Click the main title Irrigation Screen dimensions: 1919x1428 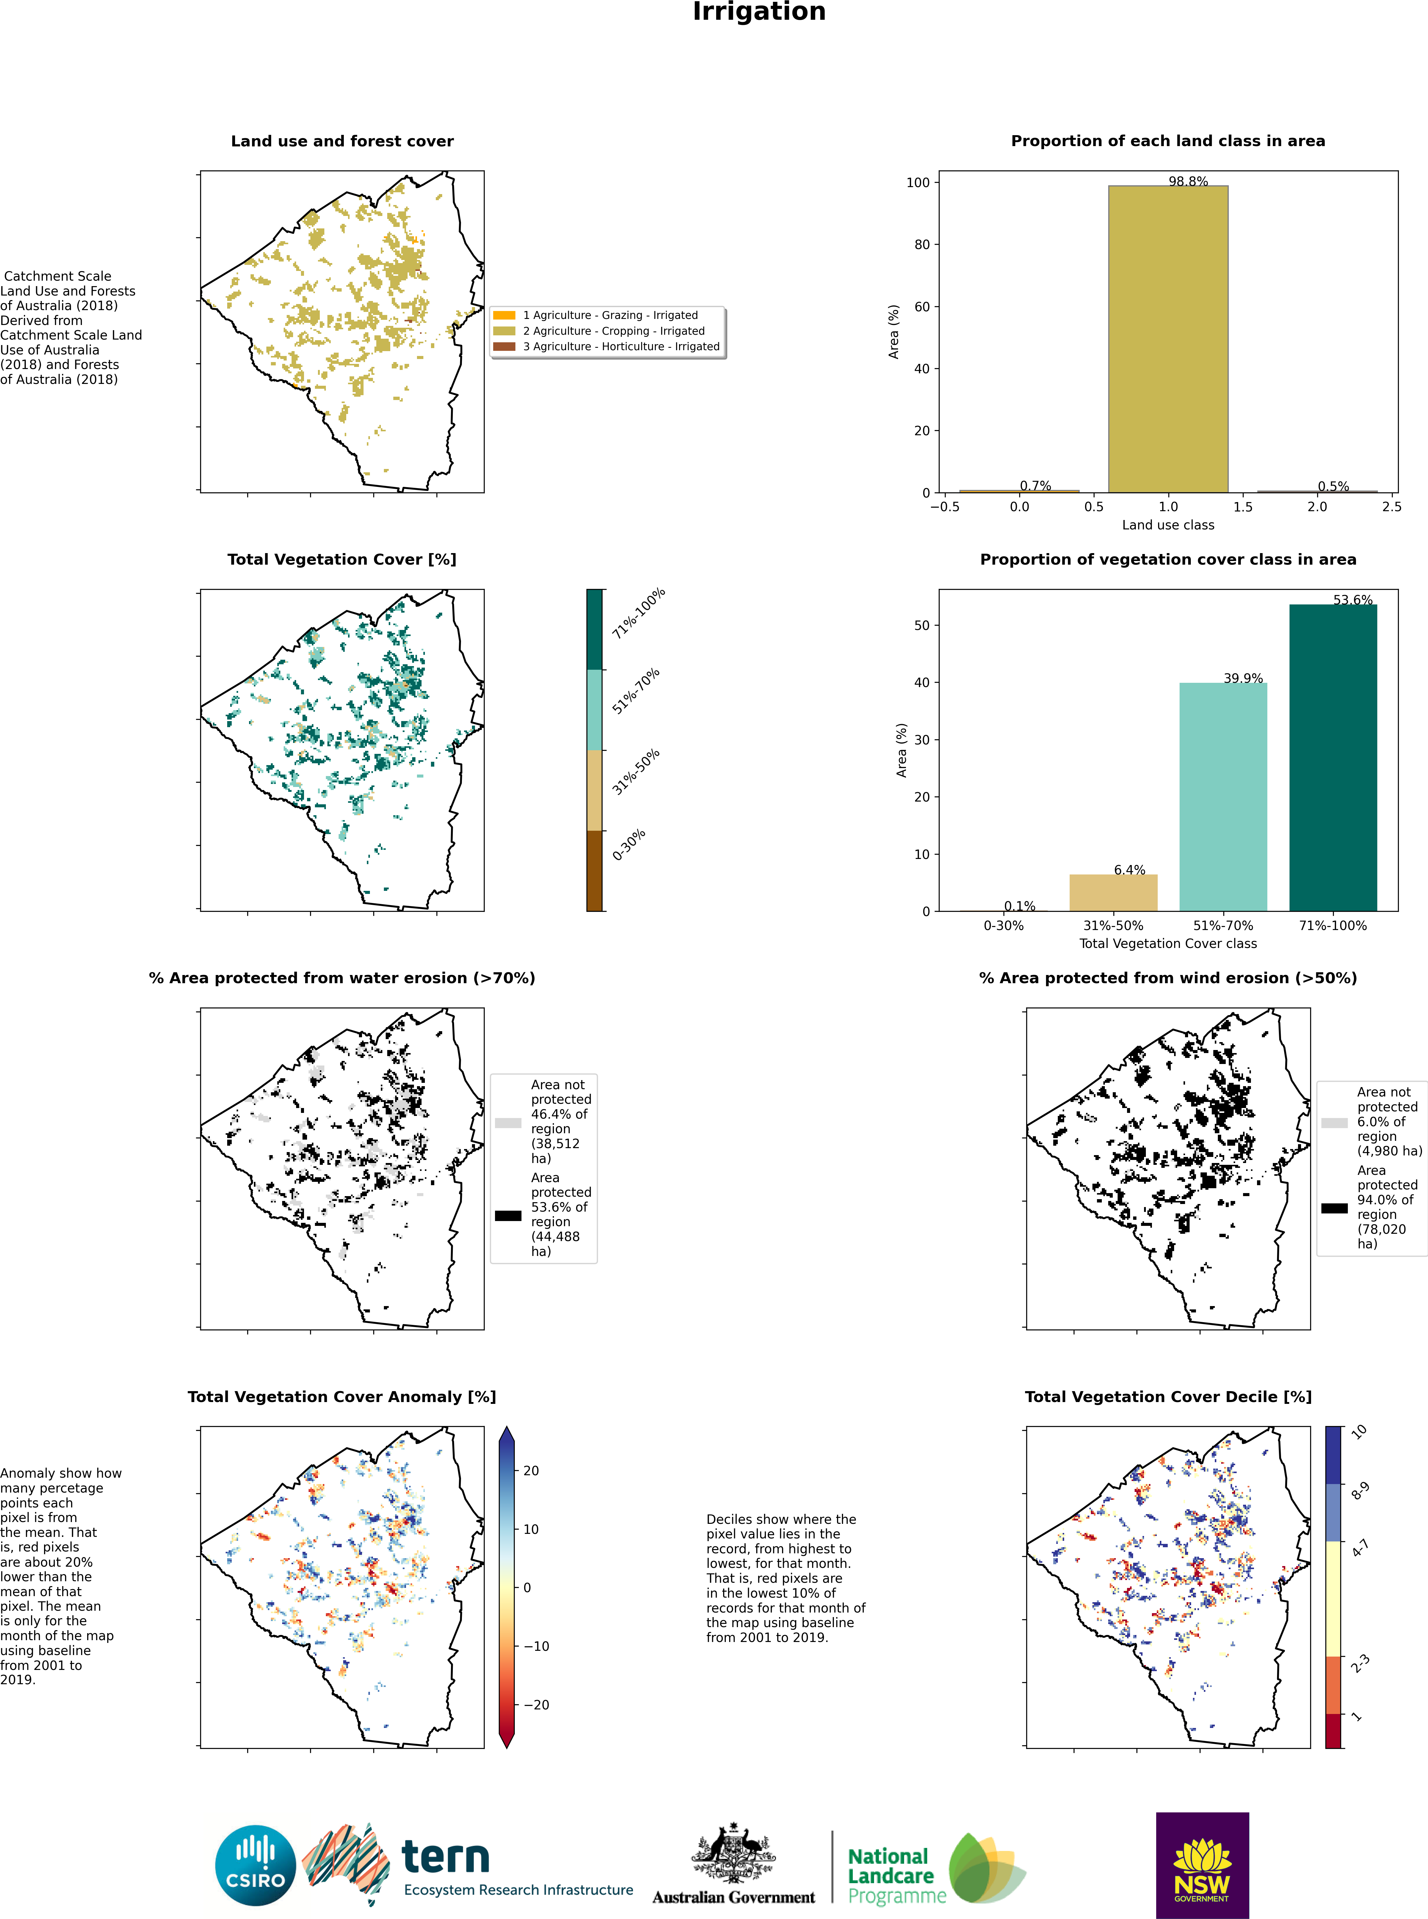(759, 12)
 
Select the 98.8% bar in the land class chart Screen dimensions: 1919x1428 (1168, 339)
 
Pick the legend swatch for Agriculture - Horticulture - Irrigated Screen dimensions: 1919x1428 (504, 347)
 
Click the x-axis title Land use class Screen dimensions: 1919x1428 (1168, 525)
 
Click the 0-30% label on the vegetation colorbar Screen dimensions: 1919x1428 (629, 844)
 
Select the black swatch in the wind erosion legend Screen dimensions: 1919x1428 (1334, 1208)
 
